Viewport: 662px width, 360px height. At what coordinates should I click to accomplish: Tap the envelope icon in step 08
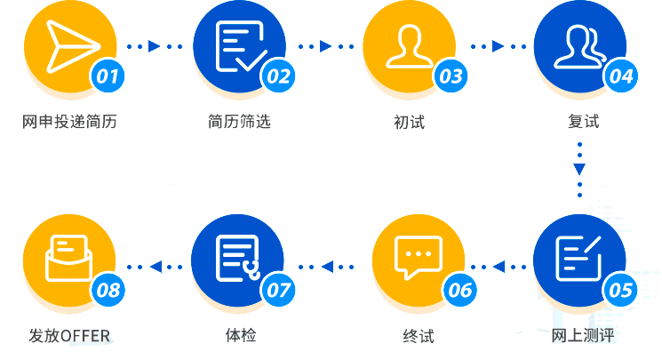pyautogui.click(x=68, y=256)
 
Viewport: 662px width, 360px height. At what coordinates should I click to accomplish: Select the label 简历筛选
pyautogui.click(x=239, y=122)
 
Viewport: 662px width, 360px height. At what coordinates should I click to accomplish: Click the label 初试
pyautogui.click(x=409, y=122)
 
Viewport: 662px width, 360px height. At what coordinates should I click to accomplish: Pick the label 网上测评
pyautogui.click(x=583, y=336)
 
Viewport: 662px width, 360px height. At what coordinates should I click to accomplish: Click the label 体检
pyautogui.click(x=240, y=336)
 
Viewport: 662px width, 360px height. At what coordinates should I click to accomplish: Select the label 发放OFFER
pyautogui.click(x=71, y=336)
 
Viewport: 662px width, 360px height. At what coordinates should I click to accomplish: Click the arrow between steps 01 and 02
pyautogui.click(x=155, y=45)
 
